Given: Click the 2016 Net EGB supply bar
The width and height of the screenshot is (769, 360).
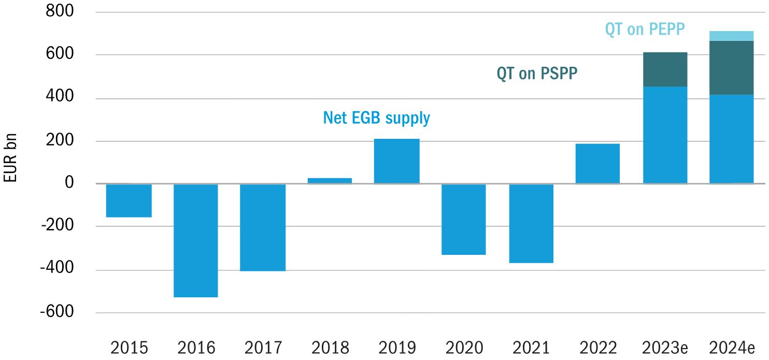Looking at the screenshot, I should (195, 240).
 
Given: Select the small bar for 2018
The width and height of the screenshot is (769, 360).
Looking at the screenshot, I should (330, 181).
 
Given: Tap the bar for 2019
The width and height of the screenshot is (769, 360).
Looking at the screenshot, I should (396, 161).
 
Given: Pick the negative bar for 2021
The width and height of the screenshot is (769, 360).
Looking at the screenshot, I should (531, 223).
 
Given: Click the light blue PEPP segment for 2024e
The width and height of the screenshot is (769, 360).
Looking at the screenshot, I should (731, 36).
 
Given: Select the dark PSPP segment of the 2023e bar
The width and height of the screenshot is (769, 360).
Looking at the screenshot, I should (665, 69).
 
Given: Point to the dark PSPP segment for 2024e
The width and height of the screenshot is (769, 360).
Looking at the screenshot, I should (731, 67).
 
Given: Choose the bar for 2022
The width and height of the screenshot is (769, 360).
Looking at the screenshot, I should (597, 164).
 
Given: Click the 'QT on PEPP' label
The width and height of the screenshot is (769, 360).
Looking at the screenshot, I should (645, 30).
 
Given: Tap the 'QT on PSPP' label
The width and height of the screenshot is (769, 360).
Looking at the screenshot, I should (537, 74).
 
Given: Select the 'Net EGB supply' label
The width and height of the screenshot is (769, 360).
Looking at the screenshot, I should (376, 118).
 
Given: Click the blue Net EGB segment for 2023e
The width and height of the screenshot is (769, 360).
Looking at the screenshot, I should (665, 135).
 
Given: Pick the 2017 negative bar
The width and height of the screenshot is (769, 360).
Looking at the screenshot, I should (263, 227).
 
